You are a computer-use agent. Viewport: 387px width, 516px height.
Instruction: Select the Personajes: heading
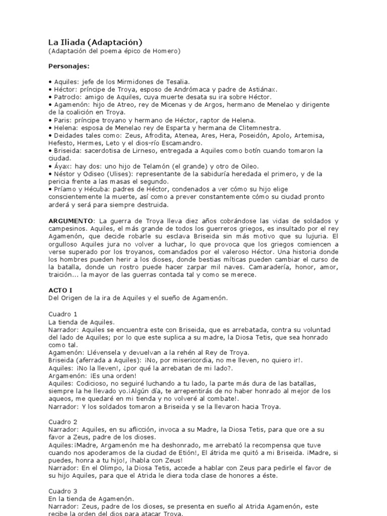click(69, 66)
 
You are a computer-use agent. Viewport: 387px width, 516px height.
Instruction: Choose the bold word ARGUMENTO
click(71, 221)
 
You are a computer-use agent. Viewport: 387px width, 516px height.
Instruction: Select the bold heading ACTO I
click(59, 291)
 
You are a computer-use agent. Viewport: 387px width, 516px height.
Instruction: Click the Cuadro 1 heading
click(63, 314)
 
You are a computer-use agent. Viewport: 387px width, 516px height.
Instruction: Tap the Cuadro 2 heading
click(63, 421)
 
